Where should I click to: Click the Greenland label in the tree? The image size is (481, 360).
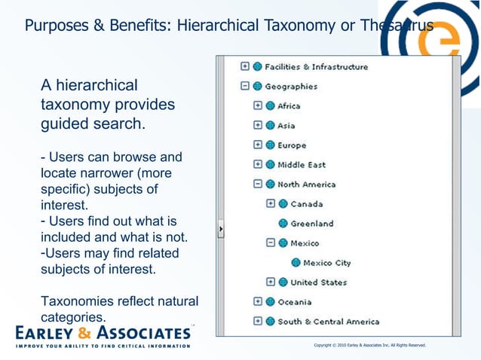tap(311, 224)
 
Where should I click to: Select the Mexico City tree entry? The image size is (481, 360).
tap(326, 263)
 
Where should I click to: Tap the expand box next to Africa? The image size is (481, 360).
tap(258, 106)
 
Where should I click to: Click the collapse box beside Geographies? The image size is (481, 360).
tap(245, 87)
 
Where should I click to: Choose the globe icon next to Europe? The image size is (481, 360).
tap(270, 145)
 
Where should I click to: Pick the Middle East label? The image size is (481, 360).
tap(302, 165)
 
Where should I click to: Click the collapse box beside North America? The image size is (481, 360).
tap(258, 185)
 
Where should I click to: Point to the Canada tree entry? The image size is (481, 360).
tap(306, 204)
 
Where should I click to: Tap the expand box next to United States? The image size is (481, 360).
tap(271, 282)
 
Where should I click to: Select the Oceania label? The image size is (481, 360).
tap(294, 302)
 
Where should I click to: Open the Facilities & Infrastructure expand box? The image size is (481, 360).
tap(245, 67)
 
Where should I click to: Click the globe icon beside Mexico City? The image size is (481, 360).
tap(296, 263)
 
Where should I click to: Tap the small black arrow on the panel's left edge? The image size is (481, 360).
tap(221, 229)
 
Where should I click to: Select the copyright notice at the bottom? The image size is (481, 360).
tap(369, 345)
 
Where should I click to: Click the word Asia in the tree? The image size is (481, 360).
tap(286, 126)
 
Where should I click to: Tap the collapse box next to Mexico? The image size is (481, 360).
tap(271, 243)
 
